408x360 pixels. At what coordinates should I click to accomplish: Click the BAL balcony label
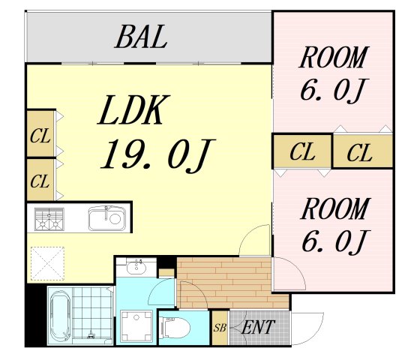[141, 37]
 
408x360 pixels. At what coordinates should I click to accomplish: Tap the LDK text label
[133, 109]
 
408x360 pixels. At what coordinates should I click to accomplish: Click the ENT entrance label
[258, 327]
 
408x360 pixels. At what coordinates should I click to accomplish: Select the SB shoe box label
[220, 328]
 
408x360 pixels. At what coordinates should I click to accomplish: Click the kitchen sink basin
[107, 218]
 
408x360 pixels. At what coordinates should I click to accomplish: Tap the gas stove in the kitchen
[49, 219]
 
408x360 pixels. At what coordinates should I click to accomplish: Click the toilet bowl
[175, 328]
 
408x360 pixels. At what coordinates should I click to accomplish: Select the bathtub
[60, 316]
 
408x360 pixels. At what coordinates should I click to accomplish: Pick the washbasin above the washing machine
[136, 266]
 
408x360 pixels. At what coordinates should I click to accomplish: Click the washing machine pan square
[136, 326]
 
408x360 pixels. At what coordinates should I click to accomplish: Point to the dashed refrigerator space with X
[47, 263]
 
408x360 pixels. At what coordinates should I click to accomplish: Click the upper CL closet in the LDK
[40, 134]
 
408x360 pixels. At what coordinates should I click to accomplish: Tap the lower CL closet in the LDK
[40, 180]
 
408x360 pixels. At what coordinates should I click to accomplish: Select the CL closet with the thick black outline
[302, 151]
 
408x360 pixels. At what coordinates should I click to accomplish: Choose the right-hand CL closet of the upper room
[363, 151]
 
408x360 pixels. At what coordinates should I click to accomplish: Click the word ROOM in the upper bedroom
[334, 58]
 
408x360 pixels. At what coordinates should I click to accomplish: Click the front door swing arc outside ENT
[317, 335]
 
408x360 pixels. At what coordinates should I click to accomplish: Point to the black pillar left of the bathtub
[36, 315]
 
